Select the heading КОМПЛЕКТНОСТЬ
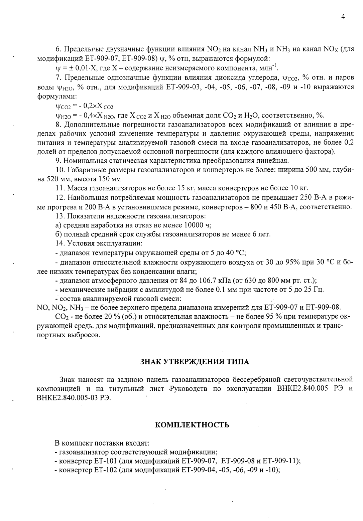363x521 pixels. click(x=192, y=425)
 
